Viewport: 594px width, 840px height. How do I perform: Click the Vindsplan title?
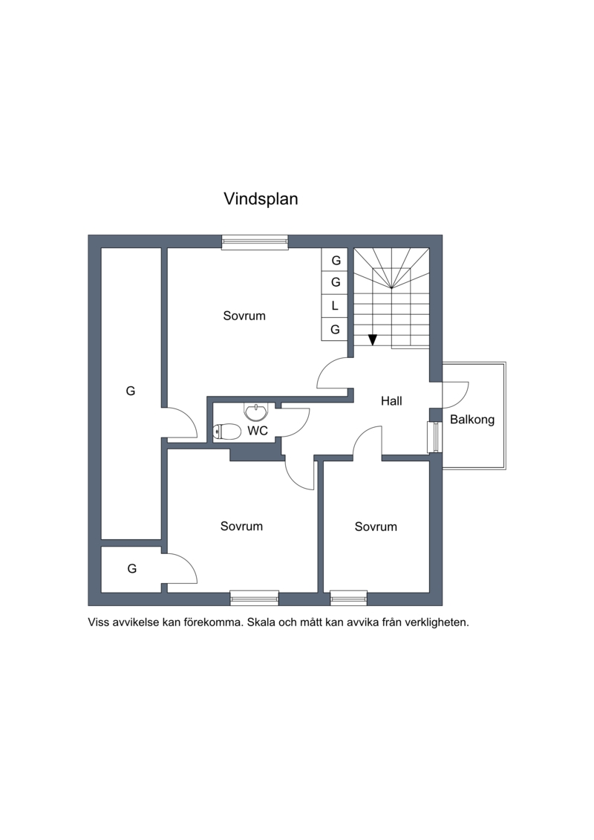[x=261, y=199]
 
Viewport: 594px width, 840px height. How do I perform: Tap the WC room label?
[x=258, y=431]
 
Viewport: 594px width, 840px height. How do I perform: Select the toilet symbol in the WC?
[x=226, y=432]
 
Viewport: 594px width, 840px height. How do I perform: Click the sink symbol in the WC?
[x=257, y=412]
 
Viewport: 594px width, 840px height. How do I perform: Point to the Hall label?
[x=391, y=401]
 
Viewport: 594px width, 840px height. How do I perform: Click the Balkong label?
[x=472, y=420]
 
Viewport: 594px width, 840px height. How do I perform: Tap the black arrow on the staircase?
[x=373, y=339]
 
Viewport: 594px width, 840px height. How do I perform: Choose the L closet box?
[x=336, y=306]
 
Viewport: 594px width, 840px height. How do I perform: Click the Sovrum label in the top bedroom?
[x=244, y=316]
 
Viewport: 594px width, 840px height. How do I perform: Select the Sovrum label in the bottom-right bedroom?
[x=376, y=527]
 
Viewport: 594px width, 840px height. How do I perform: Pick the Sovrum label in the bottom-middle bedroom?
[x=241, y=526]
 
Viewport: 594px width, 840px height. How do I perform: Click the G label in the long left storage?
[x=130, y=391]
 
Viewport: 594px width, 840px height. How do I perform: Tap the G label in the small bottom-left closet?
[x=132, y=568]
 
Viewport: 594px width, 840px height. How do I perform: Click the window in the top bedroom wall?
[x=255, y=243]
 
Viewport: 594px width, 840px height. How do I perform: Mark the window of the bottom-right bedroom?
[x=349, y=598]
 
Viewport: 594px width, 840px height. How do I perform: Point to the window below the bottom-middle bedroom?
[x=255, y=598]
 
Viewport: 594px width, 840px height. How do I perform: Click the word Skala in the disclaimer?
[x=261, y=622]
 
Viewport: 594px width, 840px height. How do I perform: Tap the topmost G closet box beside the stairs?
[x=336, y=261]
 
